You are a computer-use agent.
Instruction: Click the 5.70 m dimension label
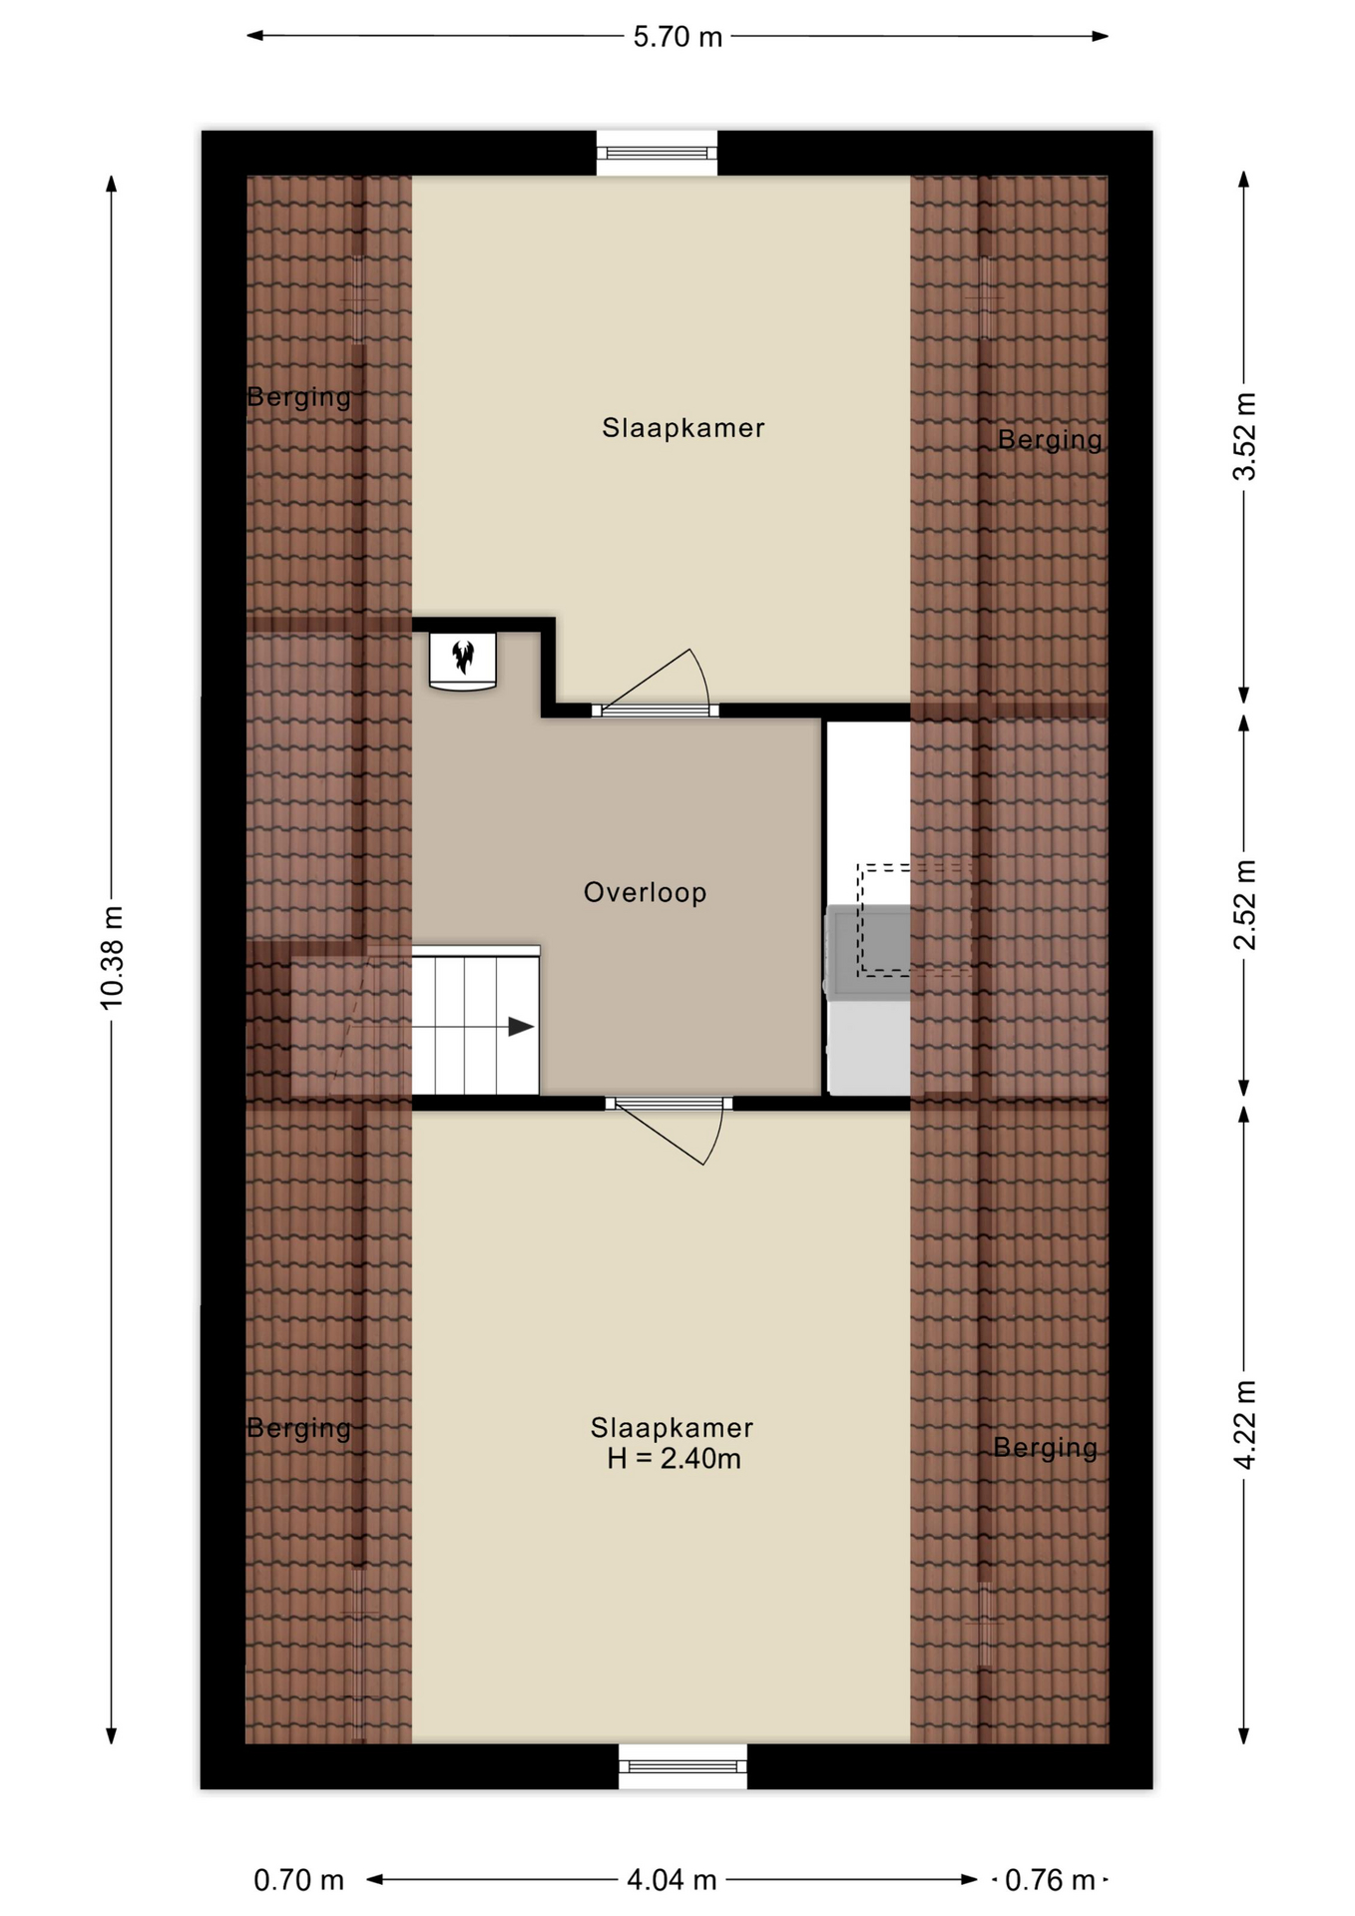(677, 37)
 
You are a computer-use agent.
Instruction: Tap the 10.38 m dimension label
(111, 957)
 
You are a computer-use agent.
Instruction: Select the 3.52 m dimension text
(1244, 436)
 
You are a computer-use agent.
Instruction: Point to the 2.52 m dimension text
(1244, 905)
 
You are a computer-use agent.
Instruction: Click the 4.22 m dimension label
(1244, 1425)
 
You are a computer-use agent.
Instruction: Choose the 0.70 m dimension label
(298, 1880)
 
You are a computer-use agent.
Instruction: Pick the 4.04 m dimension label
(672, 1880)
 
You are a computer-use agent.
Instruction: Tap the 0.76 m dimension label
(1050, 1880)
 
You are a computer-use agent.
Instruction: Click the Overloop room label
(645, 892)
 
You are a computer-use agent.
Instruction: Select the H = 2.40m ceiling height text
(674, 1459)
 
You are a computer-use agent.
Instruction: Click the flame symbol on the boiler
(463, 656)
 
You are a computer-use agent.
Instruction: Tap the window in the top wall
(657, 153)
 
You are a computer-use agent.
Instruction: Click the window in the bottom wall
(682, 1765)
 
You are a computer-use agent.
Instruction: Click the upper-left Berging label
(299, 397)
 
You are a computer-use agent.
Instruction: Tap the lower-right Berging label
(1045, 1447)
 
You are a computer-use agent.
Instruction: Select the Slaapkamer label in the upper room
(683, 428)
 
